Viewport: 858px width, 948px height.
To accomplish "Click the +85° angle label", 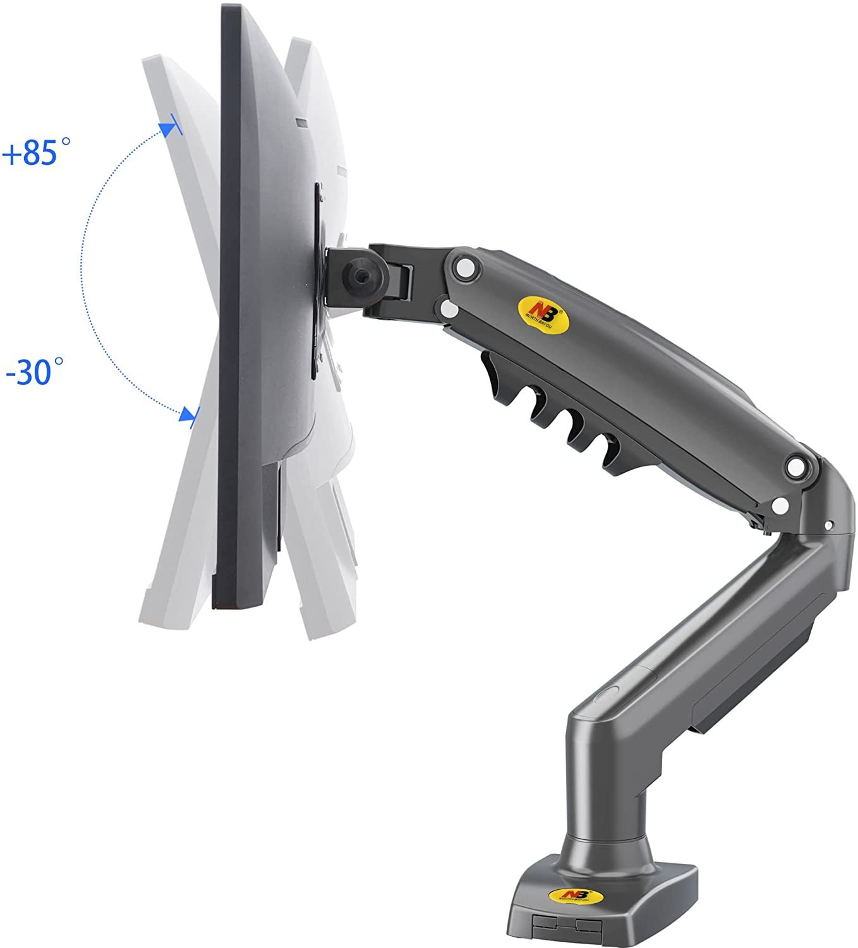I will point(36,154).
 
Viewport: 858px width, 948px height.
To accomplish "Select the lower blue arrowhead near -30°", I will point(186,415).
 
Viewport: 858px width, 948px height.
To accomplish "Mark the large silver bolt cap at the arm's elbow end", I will point(797,467).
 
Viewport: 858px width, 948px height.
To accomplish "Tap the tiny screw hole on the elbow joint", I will point(830,524).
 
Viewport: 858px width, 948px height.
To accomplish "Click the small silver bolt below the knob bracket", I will point(449,310).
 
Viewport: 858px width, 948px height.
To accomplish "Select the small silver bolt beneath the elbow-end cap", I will point(782,505).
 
